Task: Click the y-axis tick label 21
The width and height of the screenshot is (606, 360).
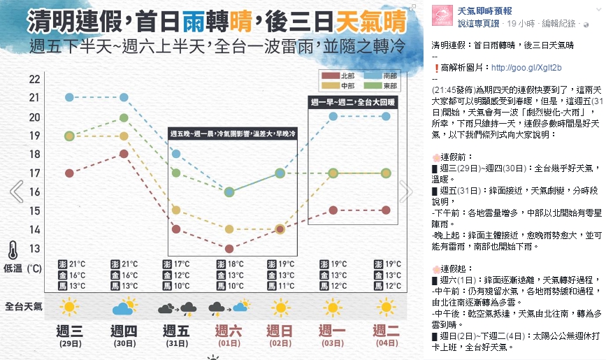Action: [34, 97]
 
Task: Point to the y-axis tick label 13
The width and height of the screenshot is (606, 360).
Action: [34, 248]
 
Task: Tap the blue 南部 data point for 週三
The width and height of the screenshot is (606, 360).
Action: [69, 97]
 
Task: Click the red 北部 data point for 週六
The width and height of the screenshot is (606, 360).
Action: [229, 248]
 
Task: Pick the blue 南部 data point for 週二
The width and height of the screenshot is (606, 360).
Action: [385, 116]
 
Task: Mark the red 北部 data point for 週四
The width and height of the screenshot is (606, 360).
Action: [124, 154]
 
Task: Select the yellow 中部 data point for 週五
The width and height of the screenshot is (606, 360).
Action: [176, 210]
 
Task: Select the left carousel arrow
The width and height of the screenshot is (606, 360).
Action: [16, 192]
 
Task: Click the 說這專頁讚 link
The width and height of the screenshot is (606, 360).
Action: [479, 23]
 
